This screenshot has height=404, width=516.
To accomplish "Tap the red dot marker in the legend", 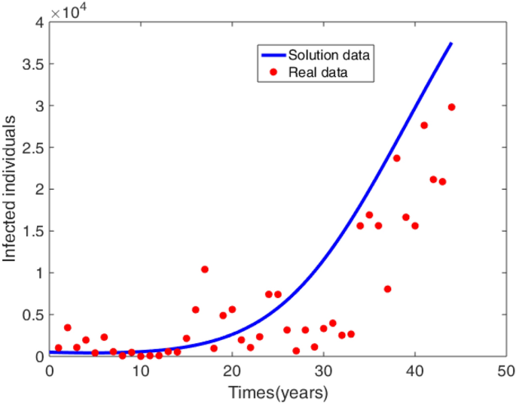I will point(273,72).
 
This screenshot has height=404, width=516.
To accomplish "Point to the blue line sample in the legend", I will point(273,55).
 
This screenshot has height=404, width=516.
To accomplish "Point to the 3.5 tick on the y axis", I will point(32,64).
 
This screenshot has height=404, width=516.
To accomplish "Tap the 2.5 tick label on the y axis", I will point(32,147).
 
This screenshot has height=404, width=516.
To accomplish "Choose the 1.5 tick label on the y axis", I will point(32,231).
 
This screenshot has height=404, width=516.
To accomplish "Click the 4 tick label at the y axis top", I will point(38,23).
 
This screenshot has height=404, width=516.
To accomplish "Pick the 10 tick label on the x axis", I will point(141,370).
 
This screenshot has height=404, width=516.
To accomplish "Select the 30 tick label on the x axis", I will point(323,370).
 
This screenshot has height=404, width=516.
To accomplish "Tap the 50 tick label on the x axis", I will point(505,370).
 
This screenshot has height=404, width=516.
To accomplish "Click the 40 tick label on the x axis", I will point(414,370).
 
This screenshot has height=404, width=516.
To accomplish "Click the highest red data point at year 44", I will point(451,107).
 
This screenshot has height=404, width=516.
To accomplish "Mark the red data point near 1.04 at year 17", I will point(205,269).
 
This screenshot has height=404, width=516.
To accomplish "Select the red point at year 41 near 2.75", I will point(424,126).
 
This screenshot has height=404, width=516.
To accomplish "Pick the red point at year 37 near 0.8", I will point(387,289).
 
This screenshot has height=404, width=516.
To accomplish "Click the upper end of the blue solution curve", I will point(451,44).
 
